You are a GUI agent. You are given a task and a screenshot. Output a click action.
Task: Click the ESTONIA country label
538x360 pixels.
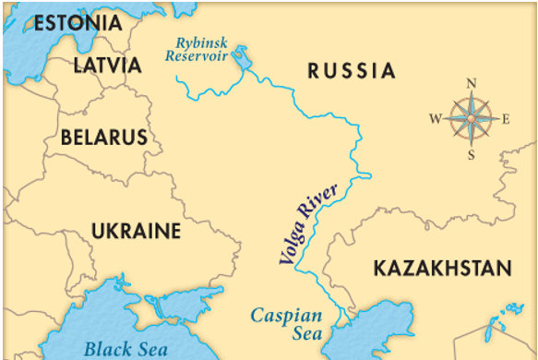[77, 23]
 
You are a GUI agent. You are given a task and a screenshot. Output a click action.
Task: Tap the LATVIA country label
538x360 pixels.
[108, 66]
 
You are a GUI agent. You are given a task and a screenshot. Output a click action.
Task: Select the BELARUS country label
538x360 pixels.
[103, 138]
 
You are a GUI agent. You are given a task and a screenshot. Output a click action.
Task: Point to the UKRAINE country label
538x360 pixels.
[136, 230]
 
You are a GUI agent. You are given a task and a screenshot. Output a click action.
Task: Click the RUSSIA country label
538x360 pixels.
[352, 71]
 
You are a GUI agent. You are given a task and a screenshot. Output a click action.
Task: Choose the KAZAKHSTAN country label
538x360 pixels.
[441, 269]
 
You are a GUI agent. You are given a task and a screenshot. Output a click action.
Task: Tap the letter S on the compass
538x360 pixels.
[471, 154]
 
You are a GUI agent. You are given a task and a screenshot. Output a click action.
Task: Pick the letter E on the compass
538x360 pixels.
[505, 119]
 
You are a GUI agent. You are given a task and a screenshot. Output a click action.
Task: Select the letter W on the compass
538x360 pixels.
[436, 119]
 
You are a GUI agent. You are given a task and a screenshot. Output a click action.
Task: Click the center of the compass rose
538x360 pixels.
[471, 119]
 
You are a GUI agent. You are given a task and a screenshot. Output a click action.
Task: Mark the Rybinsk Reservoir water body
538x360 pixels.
[243, 58]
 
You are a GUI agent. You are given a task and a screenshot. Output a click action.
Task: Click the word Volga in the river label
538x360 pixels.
[294, 242]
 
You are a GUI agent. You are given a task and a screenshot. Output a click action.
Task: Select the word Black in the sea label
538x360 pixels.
[103, 348]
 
